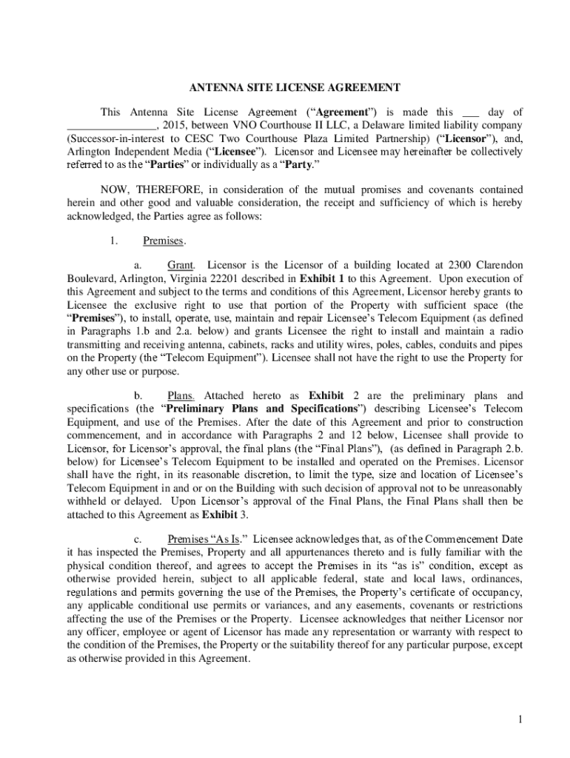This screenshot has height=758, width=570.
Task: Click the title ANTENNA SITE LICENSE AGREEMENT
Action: point(284,87)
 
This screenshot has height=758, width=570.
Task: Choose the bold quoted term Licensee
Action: point(232,152)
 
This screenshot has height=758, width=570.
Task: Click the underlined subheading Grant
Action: point(181,265)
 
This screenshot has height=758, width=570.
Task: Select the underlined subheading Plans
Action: point(181,395)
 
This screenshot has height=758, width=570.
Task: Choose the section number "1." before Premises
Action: point(113,241)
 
